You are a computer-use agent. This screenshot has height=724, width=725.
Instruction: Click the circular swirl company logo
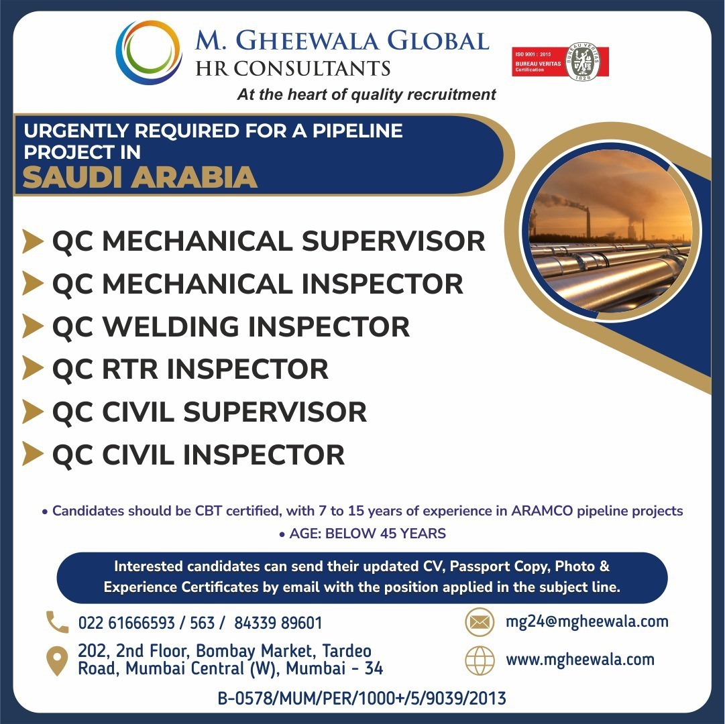coord(148,53)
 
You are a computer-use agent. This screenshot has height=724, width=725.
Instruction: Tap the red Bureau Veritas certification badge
coord(560,62)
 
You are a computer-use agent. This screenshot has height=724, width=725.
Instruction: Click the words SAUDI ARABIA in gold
coord(140,178)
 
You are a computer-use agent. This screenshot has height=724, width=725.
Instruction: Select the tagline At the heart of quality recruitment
coord(366,95)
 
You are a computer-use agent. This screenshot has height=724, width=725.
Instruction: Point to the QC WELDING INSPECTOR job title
coord(231,326)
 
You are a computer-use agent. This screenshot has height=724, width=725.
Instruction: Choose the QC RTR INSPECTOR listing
coord(190,369)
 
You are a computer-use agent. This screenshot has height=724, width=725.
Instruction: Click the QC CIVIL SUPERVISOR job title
coord(209,412)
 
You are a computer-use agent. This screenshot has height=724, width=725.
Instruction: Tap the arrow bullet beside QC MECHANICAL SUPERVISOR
coord(33,241)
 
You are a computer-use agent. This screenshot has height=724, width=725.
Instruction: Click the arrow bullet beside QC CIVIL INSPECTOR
coord(33,454)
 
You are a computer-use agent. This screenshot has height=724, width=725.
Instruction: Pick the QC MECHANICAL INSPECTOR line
coord(258,284)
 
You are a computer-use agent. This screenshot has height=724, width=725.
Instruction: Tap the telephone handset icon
coord(57,621)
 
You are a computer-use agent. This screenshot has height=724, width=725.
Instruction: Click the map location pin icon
coord(57,661)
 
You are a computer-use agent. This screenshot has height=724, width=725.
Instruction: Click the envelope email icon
coord(480,622)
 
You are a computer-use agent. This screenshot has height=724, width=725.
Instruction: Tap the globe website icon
coord(480,660)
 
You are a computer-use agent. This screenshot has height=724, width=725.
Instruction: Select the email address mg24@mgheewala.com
coord(588,622)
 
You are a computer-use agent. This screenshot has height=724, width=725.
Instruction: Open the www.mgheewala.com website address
coord(580,660)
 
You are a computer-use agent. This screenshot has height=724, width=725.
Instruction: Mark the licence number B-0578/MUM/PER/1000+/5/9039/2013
coord(362,698)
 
